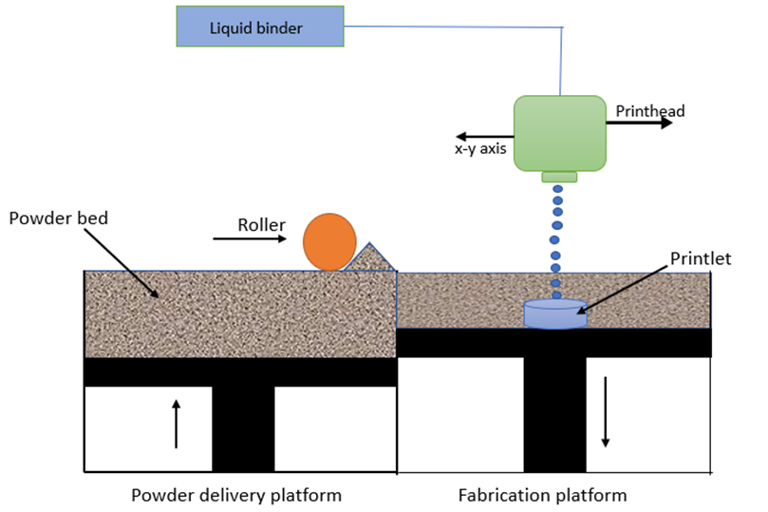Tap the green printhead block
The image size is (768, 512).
(559, 133)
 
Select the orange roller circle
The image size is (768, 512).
(329, 241)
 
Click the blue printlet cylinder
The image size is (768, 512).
(555, 314)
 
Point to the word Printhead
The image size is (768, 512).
(649, 111)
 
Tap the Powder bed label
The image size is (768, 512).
(58, 218)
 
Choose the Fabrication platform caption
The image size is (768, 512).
(542, 495)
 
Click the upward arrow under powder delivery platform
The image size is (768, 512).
(176, 424)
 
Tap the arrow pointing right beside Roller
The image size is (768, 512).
(249, 239)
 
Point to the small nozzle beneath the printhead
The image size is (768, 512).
(558, 177)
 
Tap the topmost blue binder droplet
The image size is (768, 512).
(558, 189)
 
